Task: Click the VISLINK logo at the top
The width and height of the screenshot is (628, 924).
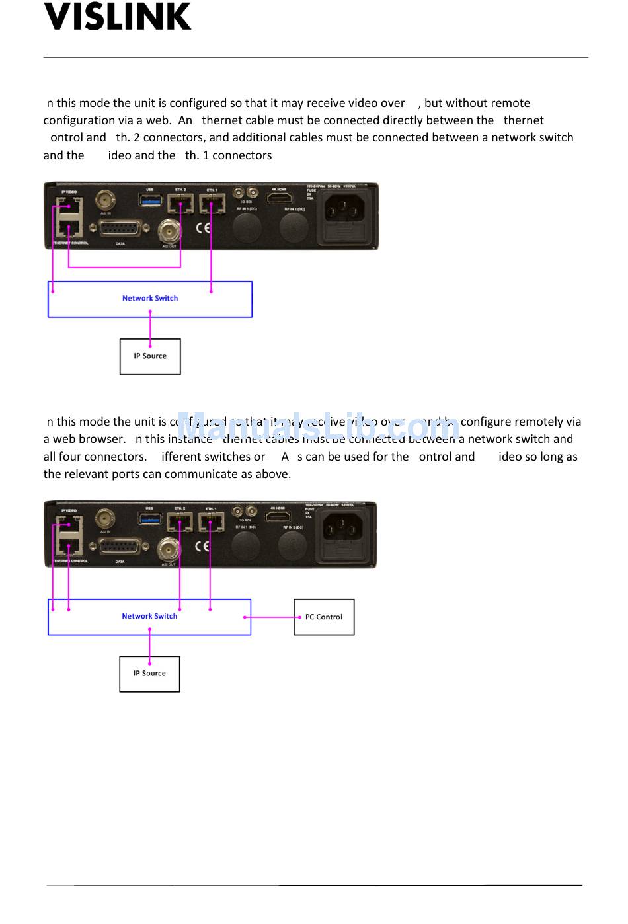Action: tap(118, 17)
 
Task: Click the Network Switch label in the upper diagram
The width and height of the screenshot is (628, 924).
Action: tap(150, 298)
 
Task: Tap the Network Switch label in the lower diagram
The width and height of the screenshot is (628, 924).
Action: tap(149, 616)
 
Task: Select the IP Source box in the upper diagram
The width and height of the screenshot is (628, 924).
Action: tap(150, 356)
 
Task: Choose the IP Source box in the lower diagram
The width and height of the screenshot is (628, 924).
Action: tap(149, 674)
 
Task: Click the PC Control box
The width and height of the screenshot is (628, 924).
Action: tap(324, 617)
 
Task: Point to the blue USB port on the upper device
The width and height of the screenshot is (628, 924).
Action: tap(149, 200)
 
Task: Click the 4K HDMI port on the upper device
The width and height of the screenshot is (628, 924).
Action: tap(279, 198)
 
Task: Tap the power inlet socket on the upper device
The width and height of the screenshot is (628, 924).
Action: tap(343, 210)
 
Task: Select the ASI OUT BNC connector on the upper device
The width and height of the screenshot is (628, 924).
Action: tap(169, 231)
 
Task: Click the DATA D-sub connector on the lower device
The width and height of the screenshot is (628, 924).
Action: tap(120, 547)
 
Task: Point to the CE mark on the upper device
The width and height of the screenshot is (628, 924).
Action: tap(203, 228)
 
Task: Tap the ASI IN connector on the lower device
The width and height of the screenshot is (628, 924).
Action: tap(105, 518)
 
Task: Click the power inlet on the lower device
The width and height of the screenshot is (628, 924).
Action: tap(342, 529)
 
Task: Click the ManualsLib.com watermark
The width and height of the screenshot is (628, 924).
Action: tap(318, 426)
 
